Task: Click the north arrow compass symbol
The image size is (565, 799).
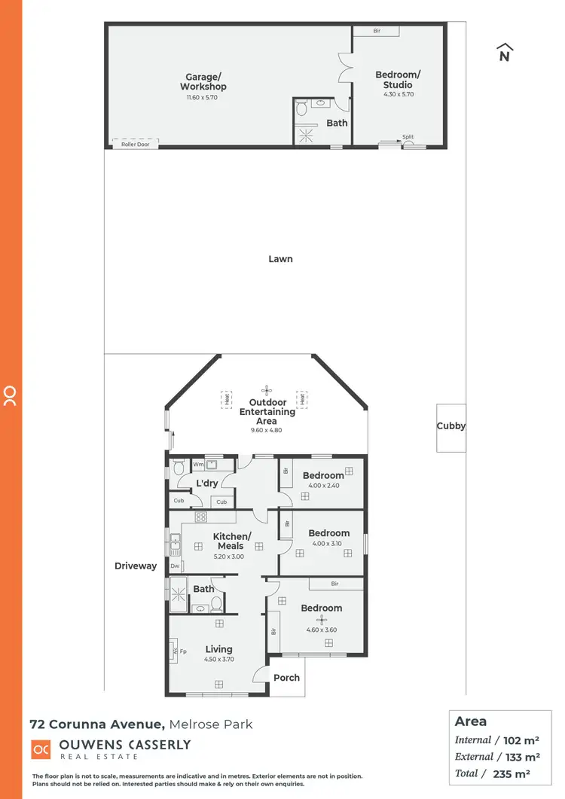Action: click(x=505, y=53)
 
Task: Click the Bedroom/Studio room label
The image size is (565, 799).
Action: click(x=398, y=80)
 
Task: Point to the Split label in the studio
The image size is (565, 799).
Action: click(x=408, y=137)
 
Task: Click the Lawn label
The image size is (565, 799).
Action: click(x=280, y=259)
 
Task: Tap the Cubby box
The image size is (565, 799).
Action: click(x=451, y=426)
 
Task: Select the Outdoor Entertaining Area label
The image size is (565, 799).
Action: click(x=267, y=412)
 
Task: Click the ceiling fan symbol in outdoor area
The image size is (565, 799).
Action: click(x=266, y=389)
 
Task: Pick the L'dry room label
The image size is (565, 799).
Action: click(x=207, y=483)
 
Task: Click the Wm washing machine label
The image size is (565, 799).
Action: click(x=198, y=465)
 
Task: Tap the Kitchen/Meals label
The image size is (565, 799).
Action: click(x=230, y=541)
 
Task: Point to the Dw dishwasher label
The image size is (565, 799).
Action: click(x=174, y=566)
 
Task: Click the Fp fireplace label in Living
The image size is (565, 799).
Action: click(x=182, y=651)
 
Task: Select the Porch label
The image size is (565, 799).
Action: click(x=286, y=678)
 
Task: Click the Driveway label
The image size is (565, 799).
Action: click(x=136, y=566)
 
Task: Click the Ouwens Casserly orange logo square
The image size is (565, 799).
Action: click(x=41, y=750)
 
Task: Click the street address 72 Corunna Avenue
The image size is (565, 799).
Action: click(x=96, y=724)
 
